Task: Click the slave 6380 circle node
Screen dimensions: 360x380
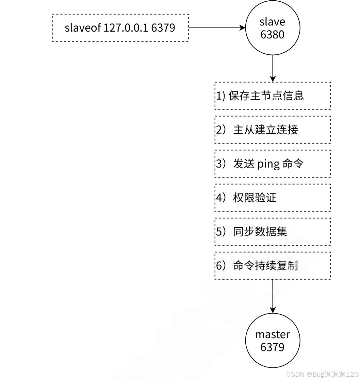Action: pos(273,28)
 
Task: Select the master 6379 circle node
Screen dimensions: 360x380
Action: pos(273,340)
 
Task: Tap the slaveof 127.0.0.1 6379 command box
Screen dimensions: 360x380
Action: pos(120,28)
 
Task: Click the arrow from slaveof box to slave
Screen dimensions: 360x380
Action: pos(217,28)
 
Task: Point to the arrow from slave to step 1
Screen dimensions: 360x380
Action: pos(273,68)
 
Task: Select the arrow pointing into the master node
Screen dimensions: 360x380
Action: pos(273,296)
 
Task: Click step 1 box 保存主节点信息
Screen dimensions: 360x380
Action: pos(273,96)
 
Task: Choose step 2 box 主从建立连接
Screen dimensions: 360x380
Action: pos(273,129)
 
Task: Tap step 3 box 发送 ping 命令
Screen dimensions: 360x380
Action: pos(273,163)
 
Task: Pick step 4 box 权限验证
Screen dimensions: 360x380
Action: pos(273,197)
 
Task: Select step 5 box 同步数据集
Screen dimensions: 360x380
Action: pos(273,231)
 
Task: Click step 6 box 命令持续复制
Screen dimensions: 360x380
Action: pos(273,265)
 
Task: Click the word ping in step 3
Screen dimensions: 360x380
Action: pos(268,164)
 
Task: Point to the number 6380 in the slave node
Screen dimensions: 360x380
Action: pos(273,35)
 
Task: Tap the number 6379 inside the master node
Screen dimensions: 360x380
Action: pos(273,347)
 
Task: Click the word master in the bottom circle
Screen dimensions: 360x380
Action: pos(273,334)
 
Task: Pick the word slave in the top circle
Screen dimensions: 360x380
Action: pos(273,22)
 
